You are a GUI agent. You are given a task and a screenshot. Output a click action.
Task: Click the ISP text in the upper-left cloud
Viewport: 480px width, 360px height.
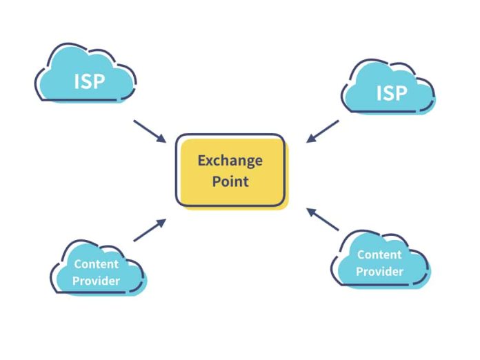click(x=90, y=81)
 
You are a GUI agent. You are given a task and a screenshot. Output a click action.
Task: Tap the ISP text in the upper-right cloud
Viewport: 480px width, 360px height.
click(x=392, y=93)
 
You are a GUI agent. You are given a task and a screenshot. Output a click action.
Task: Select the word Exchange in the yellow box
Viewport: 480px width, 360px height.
click(x=230, y=161)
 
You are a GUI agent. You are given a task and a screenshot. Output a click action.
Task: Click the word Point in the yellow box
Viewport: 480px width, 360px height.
click(x=230, y=182)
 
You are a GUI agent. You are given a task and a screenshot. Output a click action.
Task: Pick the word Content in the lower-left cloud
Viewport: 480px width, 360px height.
click(x=96, y=263)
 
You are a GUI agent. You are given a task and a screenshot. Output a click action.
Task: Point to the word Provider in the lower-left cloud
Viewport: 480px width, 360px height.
click(x=96, y=281)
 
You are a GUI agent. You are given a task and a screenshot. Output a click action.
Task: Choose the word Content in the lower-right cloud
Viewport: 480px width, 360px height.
click(x=379, y=254)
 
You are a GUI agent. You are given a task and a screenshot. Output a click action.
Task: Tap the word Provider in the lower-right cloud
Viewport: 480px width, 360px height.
click(x=379, y=272)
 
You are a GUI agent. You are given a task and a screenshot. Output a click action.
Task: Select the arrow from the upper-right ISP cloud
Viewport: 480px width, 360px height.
click(x=322, y=131)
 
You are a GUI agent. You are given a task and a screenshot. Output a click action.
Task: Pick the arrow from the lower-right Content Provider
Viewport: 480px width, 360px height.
click(x=323, y=219)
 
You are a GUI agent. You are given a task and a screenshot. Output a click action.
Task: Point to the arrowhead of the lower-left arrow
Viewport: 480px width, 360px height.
click(x=163, y=221)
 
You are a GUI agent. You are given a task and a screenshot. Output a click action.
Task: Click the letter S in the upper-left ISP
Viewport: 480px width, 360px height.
click(x=89, y=81)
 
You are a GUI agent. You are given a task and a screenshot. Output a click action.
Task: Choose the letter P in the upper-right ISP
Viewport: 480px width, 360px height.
click(x=401, y=93)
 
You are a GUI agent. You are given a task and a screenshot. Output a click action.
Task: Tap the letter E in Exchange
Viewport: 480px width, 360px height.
click(x=202, y=161)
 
